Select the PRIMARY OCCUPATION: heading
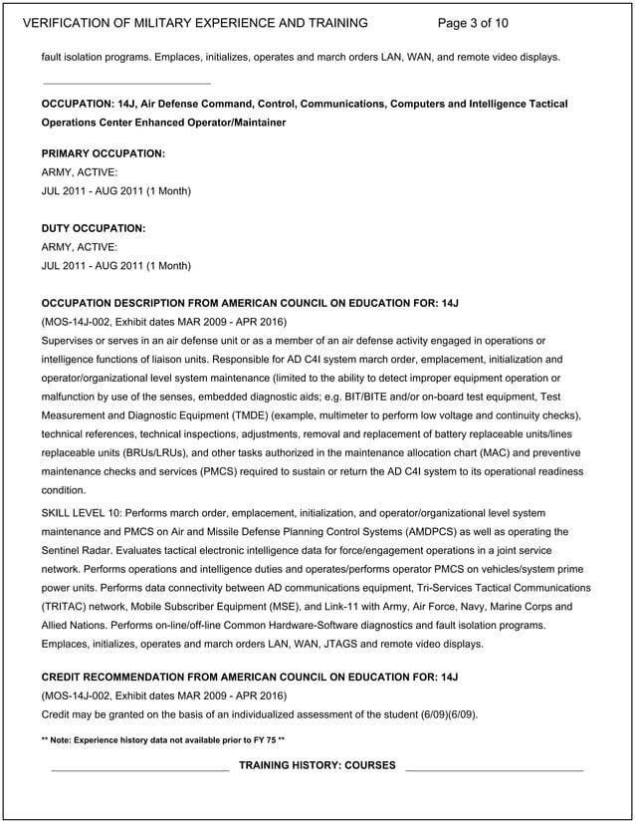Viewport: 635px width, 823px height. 104,153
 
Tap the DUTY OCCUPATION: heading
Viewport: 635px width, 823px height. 94,228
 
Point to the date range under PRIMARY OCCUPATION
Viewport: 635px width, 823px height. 116,190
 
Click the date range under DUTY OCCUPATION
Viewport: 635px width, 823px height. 116,266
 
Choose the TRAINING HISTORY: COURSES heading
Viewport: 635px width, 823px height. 317,765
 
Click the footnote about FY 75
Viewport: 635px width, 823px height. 163,740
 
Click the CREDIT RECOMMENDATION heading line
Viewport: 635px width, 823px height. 249,678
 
